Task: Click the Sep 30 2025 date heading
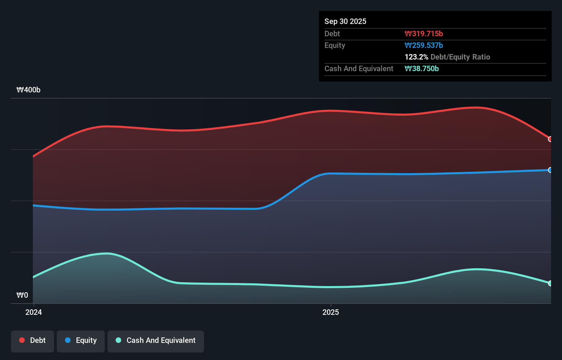pos(345,21)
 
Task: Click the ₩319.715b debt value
pos(423,34)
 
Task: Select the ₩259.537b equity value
pos(423,45)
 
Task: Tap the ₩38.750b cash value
pos(421,68)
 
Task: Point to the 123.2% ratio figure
pos(416,57)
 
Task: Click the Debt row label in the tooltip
pos(332,34)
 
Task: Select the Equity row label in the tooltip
pos(334,45)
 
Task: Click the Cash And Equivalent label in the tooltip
pos(359,68)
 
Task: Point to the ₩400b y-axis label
pos(28,90)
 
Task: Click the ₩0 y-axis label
pos(22,295)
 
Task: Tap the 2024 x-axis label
pos(34,312)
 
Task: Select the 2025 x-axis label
pos(331,312)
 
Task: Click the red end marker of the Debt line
pos(550,139)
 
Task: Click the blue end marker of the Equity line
pos(550,170)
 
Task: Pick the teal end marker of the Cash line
pos(550,283)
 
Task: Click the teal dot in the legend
pos(118,340)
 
